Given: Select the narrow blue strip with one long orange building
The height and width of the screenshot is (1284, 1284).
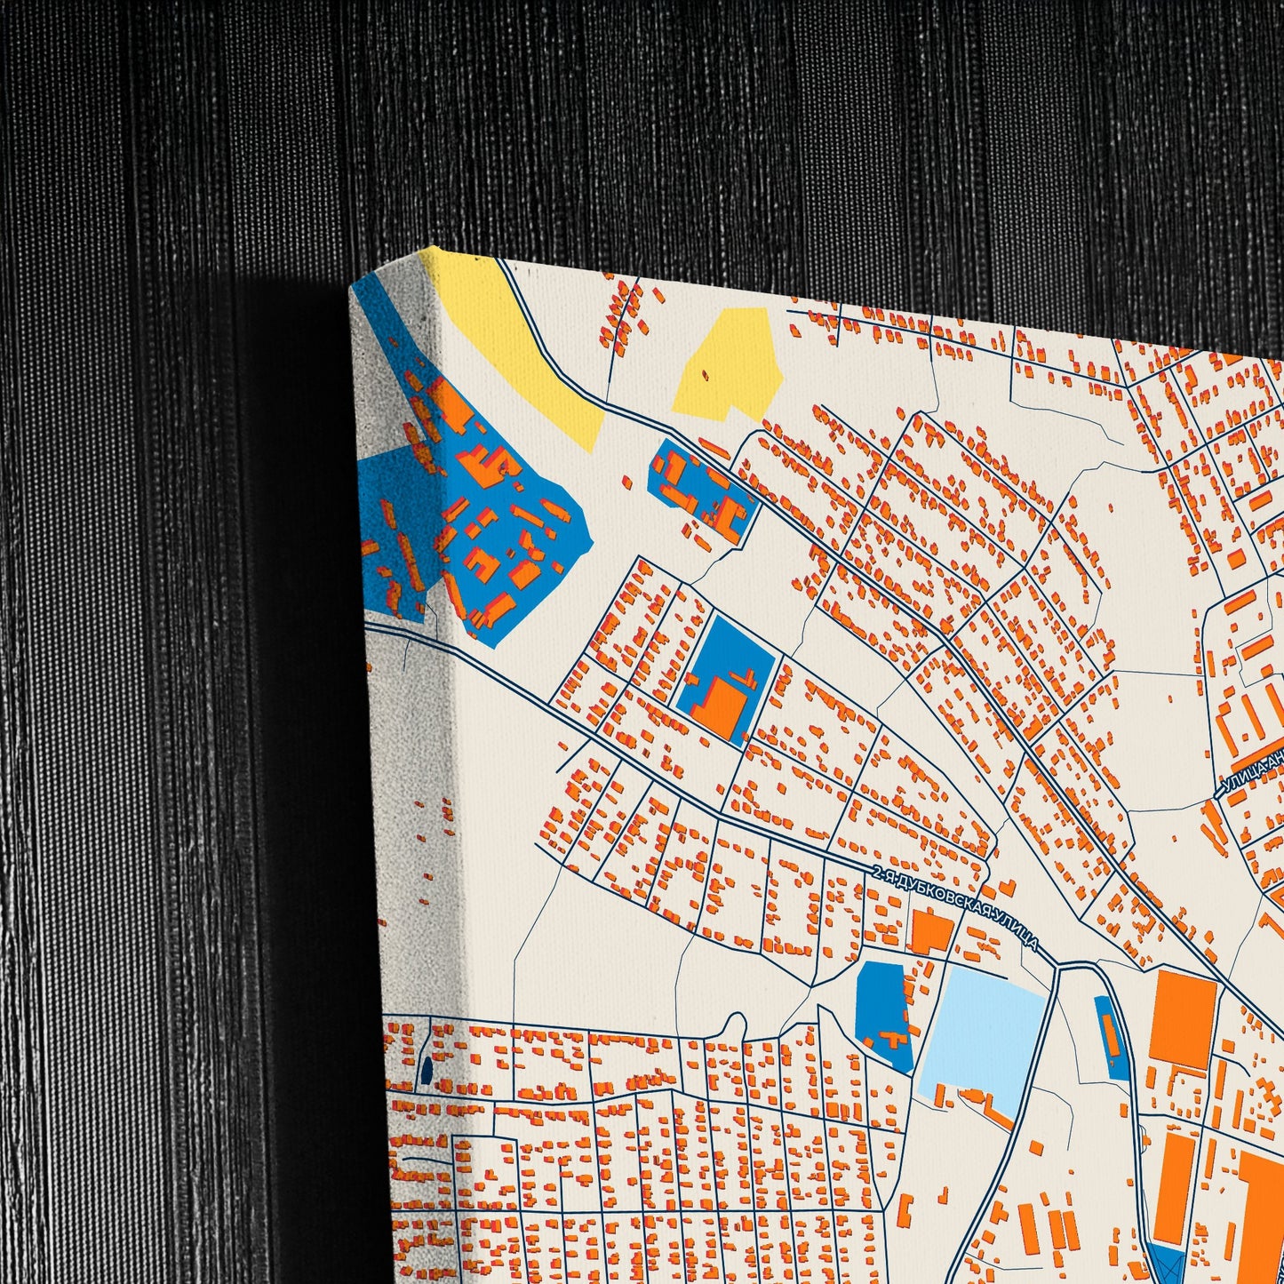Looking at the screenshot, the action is pyautogui.click(x=1112, y=1035).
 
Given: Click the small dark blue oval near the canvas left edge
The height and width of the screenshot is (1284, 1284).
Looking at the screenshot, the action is pyautogui.click(x=426, y=1070).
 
